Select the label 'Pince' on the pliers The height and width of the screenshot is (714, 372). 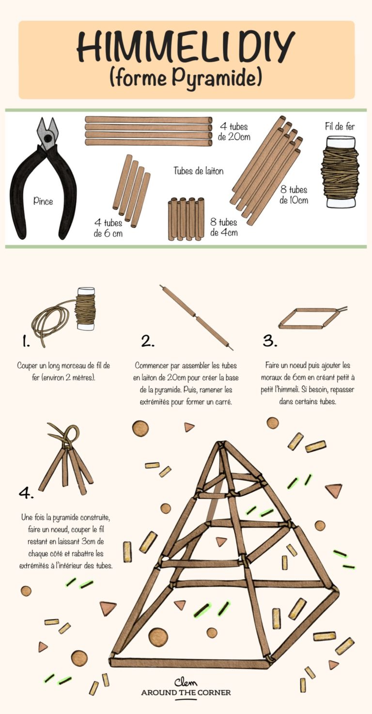pyautogui.click(x=43, y=201)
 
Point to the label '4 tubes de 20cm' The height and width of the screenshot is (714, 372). pyautogui.click(x=234, y=132)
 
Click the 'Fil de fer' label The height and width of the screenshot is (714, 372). pyautogui.click(x=340, y=127)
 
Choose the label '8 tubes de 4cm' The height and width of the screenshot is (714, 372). pyautogui.click(x=224, y=227)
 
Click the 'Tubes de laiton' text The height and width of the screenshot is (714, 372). pyautogui.click(x=199, y=171)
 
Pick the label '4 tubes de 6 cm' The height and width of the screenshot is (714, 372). pyautogui.click(x=108, y=227)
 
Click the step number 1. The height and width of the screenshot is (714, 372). pyautogui.click(x=26, y=342)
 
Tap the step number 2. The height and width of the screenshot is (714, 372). pyautogui.click(x=148, y=341)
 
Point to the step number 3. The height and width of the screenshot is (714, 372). pyautogui.click(x=270, y=341)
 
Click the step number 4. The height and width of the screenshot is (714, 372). pyautogui.click(x=25, y=493)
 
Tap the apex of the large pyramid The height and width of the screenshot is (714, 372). pyautogui.click(x=221, y=445)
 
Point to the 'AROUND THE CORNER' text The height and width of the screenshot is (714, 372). pyautogui.click(x=186, y=693)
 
